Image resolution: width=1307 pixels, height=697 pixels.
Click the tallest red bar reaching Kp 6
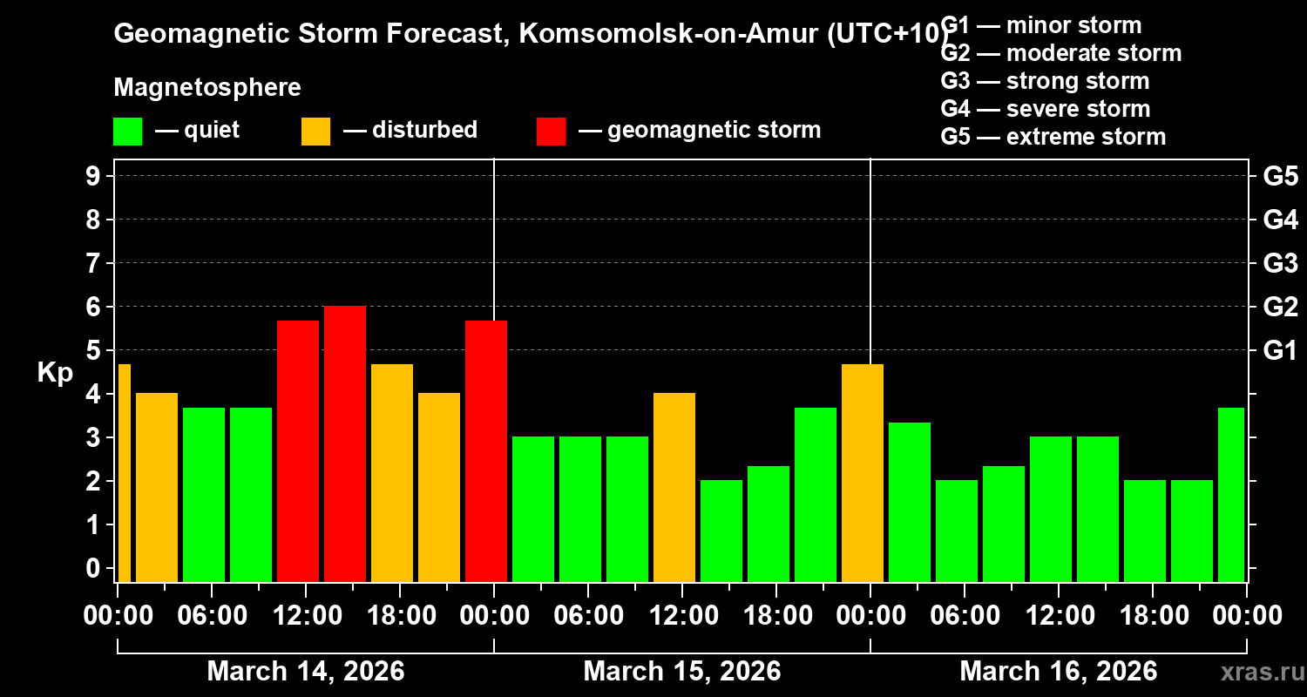tap(345, 443)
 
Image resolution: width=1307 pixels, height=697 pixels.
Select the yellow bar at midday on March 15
tap(674, 487)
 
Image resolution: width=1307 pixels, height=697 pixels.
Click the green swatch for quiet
tap(127, 132)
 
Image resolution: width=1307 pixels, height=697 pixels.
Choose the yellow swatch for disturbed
tap(315, 132)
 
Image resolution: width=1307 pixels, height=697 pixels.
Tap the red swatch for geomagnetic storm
tap(551, 132)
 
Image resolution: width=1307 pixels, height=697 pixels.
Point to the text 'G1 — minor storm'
tap(1041, 25)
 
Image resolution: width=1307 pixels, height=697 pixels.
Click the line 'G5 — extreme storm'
tap(1053, 137)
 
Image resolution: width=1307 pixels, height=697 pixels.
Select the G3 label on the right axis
tap(1280, 263)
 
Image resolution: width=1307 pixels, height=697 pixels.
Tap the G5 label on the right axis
tap(1280, 176)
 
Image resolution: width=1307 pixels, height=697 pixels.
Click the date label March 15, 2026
tap(681, 671)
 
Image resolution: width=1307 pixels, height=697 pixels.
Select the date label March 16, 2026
tap(1058, 671)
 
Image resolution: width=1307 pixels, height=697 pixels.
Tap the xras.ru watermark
tap(1256, 673)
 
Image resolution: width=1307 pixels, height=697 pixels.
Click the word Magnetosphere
tap(207, 88)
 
